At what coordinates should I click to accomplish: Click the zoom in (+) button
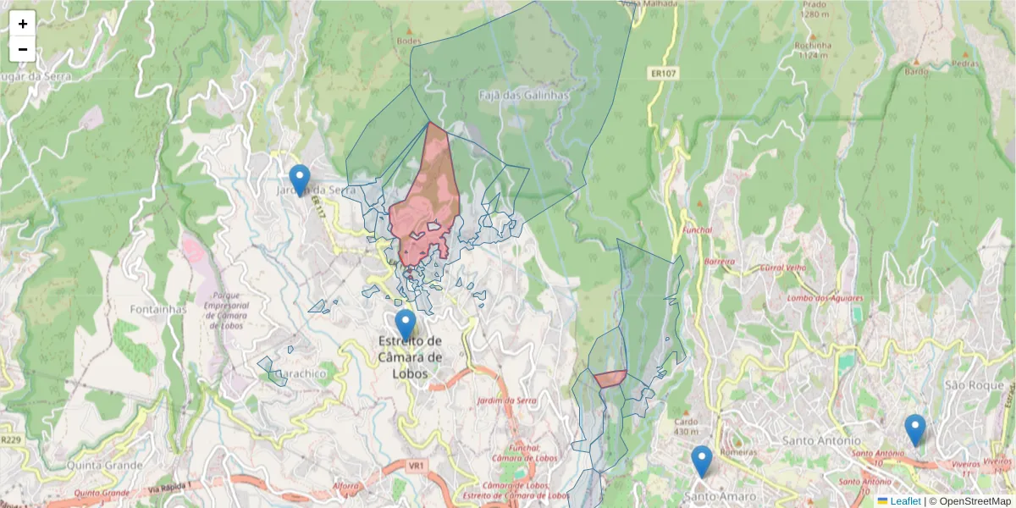coord(23,24)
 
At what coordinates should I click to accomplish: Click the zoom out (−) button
coord(23,49)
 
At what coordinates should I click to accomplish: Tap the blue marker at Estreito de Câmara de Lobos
coord(406,325)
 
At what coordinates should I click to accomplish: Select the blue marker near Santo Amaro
coord(701,461)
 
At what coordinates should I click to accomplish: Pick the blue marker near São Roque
coord(914,429)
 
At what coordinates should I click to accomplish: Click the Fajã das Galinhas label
coord(524,96)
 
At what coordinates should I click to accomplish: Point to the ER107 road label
coord(664,74)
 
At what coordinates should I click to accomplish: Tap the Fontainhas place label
coord(157,309)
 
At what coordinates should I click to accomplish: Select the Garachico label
coord(298,373)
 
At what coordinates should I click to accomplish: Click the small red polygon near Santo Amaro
coord(610,378)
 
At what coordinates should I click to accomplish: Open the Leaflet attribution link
coord(904,501)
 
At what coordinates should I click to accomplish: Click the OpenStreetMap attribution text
coord(975,501)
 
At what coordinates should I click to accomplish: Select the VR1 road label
coord(416,466)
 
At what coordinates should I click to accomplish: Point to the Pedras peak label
coord(964,63)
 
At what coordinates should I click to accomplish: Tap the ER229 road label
coord(10,439)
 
